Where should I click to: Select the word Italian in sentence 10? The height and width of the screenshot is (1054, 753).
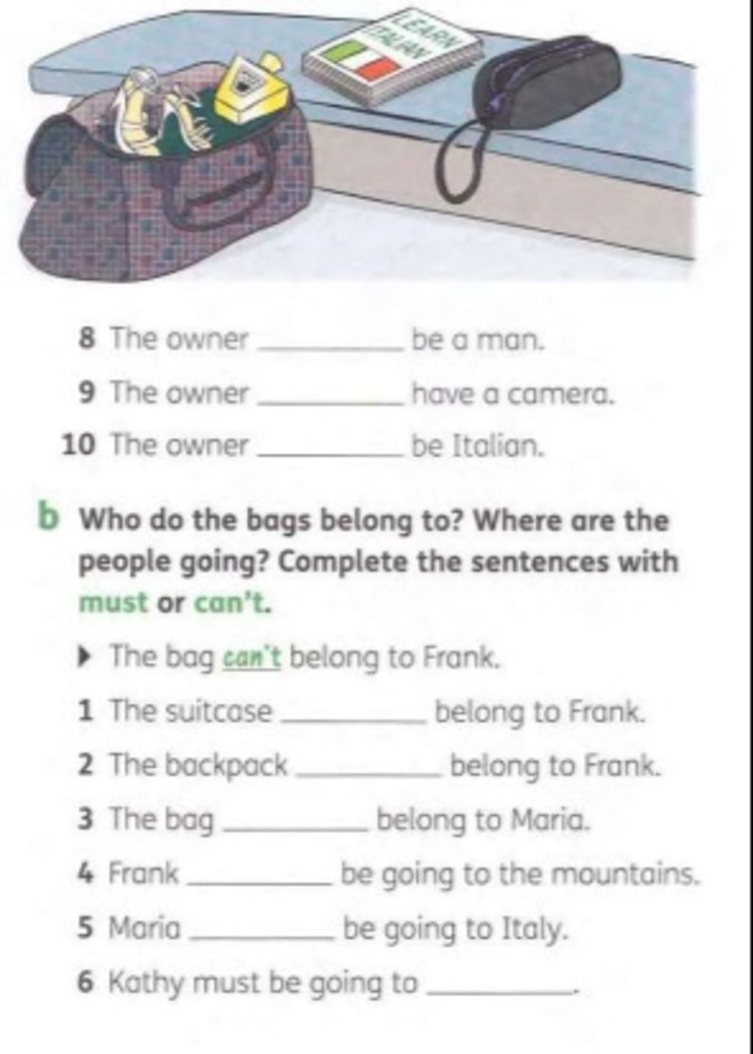498,446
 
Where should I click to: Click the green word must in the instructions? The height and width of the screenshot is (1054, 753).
113,603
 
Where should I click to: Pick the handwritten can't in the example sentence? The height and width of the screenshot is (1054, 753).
251,656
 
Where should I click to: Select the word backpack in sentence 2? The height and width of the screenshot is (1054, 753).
227,764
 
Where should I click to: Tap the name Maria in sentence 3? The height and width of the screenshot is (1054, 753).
550,820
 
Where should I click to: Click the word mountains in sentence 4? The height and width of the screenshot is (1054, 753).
623,874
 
